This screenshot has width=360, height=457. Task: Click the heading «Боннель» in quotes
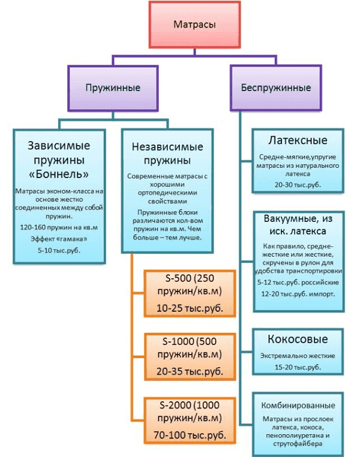[x=59, y=175]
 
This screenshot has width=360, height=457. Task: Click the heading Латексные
[x=298, y=141]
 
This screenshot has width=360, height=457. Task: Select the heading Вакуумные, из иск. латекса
[x=298, y=226]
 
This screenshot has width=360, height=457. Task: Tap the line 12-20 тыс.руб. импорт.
[x=298, y=294]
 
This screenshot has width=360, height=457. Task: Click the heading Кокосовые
[x=298, y=340]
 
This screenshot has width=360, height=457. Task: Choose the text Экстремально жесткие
[x=298, y=356]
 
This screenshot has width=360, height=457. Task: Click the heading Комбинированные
[x=298, y=402]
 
